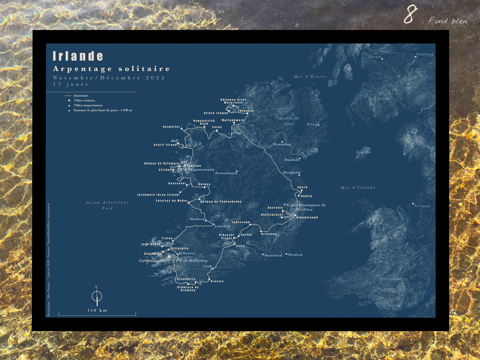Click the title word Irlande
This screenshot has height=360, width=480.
pos(78,56)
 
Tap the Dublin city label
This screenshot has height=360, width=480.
pos(307,196)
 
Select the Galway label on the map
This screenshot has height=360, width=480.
pos(204,184)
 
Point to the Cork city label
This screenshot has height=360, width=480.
pos(207,266)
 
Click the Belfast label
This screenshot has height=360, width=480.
pos(312,125)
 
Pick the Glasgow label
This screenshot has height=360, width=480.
pos(375,57)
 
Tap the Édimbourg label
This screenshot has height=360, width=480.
pos(425,54)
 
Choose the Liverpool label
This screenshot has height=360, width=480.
pos(422,206)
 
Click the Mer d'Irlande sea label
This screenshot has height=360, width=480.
pos(358,188)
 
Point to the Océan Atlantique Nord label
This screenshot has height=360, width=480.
pos(107,205)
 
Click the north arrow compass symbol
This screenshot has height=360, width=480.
pos(97,296)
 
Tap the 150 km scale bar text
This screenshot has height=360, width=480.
pos(97,311)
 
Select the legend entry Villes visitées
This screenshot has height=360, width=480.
pos(84,100)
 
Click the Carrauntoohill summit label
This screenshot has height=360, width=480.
pos(154,261)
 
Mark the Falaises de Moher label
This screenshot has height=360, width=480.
pos(172,201)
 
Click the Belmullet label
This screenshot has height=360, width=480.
pos(171,127)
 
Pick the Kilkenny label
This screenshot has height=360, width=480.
pos(269,234)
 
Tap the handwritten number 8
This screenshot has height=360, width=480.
pos(410,15)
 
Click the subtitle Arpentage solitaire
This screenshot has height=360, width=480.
pos(112,69)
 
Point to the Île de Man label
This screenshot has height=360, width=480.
pos(363,152)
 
